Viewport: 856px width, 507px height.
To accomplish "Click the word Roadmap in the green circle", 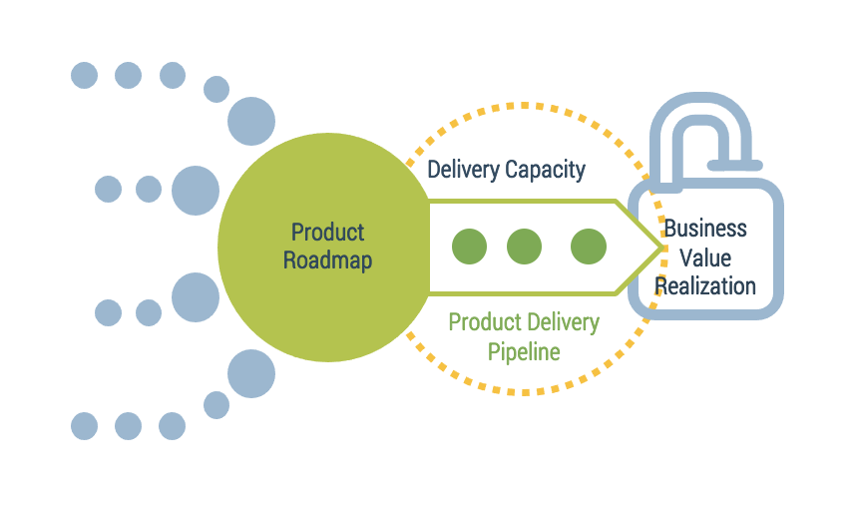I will tap(327, 261).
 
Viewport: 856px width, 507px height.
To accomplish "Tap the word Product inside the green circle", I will tap(327, 233).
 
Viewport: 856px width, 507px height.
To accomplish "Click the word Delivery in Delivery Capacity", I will tap(463, 170).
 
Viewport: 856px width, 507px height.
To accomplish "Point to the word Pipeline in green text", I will tap(524, 351).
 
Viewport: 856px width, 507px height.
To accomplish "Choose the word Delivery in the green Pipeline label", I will tap(563, 322).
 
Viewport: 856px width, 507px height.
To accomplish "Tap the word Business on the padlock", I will tap(705, 228).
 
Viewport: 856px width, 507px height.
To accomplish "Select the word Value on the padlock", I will tap(705, 256).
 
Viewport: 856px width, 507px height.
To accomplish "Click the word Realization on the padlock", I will tap(705, 286).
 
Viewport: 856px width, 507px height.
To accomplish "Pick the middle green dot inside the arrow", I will tap(524, 247).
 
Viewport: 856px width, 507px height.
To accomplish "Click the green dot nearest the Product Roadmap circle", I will tap(469, 247).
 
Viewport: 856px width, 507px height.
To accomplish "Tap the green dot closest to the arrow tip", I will tap(588, 247).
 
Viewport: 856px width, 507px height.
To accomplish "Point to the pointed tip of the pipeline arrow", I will tap(660, 247).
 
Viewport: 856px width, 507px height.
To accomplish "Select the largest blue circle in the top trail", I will tap(251, 121).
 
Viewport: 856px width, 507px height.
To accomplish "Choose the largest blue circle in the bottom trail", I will tap(251, 374).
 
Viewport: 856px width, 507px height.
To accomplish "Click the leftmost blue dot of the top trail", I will tap(85, 75).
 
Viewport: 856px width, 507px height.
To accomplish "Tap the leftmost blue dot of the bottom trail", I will tap(85, 426).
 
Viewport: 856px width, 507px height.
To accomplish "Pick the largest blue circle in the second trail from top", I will tap(196, 190).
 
